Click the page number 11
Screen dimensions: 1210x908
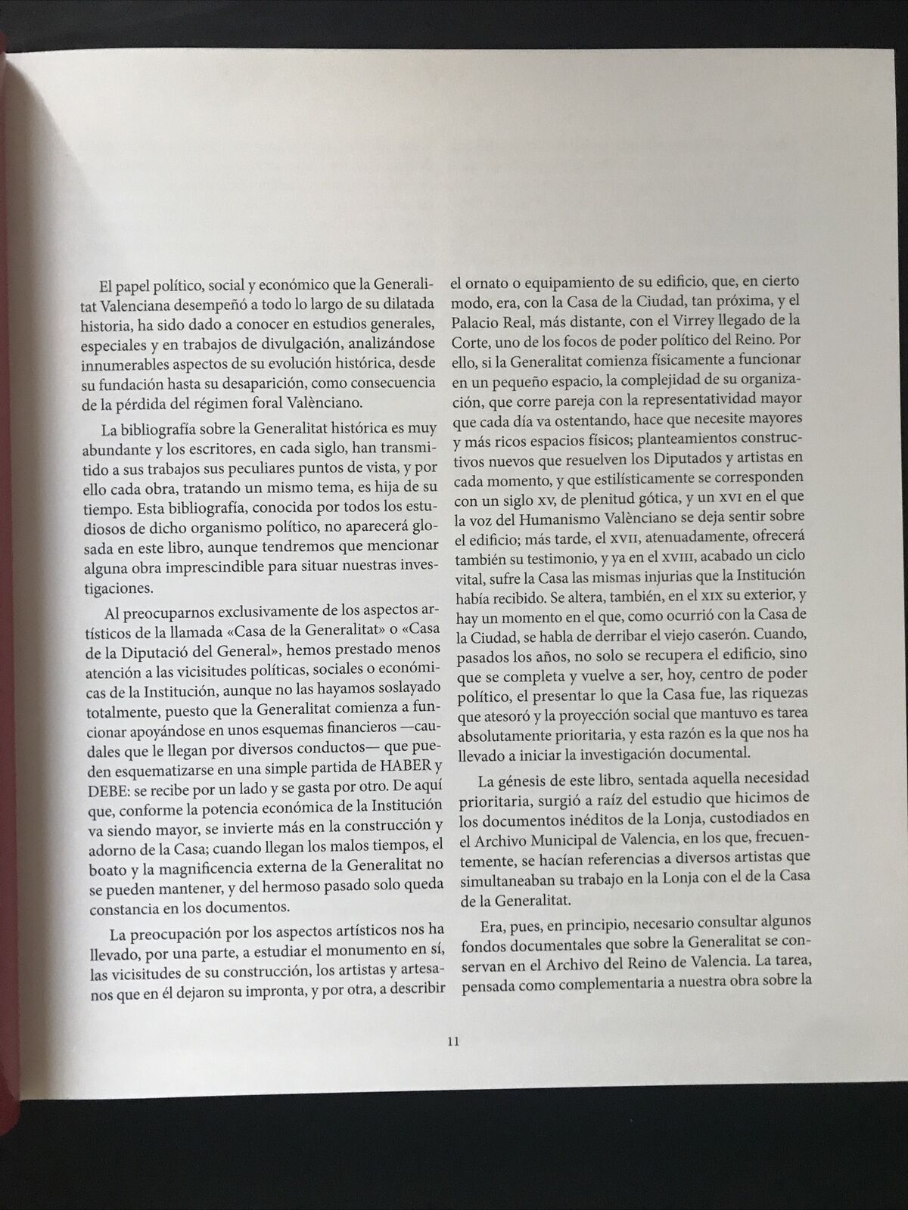coord(453,1041)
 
